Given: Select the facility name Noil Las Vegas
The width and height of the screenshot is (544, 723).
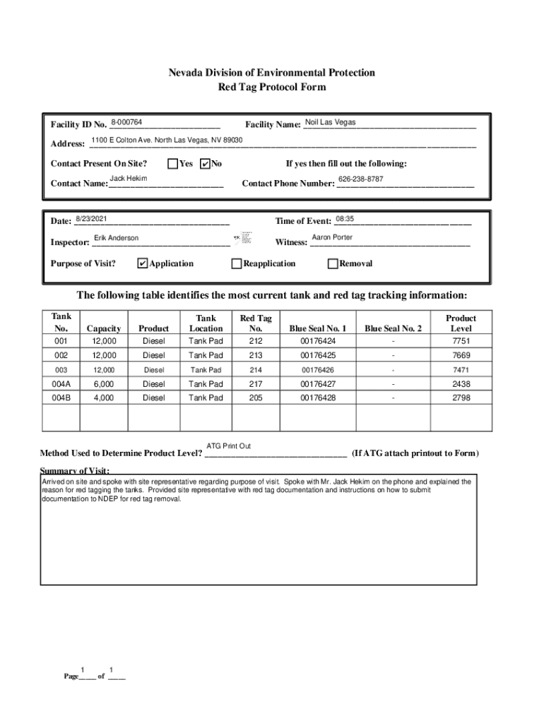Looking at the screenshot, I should tap(330, 123).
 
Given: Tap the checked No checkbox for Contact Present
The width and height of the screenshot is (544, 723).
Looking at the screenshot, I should tap(206, 164).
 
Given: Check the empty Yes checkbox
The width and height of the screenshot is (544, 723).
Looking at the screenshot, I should tap(172, 164).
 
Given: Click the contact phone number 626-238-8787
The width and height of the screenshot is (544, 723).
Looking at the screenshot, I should tap(360, 179).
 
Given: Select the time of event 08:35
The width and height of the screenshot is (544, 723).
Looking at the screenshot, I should tap(345, 219).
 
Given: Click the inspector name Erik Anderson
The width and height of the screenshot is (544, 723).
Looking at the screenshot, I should tap(116, 239).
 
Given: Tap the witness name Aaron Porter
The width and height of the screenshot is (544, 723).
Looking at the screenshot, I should tap(332, 238).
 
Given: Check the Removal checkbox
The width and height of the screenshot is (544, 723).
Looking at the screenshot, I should tap(333, 264).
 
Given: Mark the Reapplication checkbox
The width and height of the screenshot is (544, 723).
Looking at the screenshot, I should tap(237, 264).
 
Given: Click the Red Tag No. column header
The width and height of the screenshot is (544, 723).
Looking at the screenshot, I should tap(256, 323).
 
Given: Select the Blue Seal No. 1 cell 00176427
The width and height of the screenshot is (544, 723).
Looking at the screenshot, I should tap(318, 384).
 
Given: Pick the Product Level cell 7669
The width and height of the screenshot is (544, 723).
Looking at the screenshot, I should tap(461, 356).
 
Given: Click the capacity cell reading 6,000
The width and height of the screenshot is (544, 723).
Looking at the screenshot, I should tap(103, 384).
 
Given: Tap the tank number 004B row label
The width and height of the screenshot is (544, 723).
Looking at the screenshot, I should tap(61, 398).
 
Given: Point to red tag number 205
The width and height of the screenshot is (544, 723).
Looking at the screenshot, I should tap(256, 398).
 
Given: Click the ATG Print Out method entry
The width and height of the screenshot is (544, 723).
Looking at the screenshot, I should tap(228, 446).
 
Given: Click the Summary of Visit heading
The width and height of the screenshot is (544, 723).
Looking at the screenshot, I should tap(74, 470).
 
